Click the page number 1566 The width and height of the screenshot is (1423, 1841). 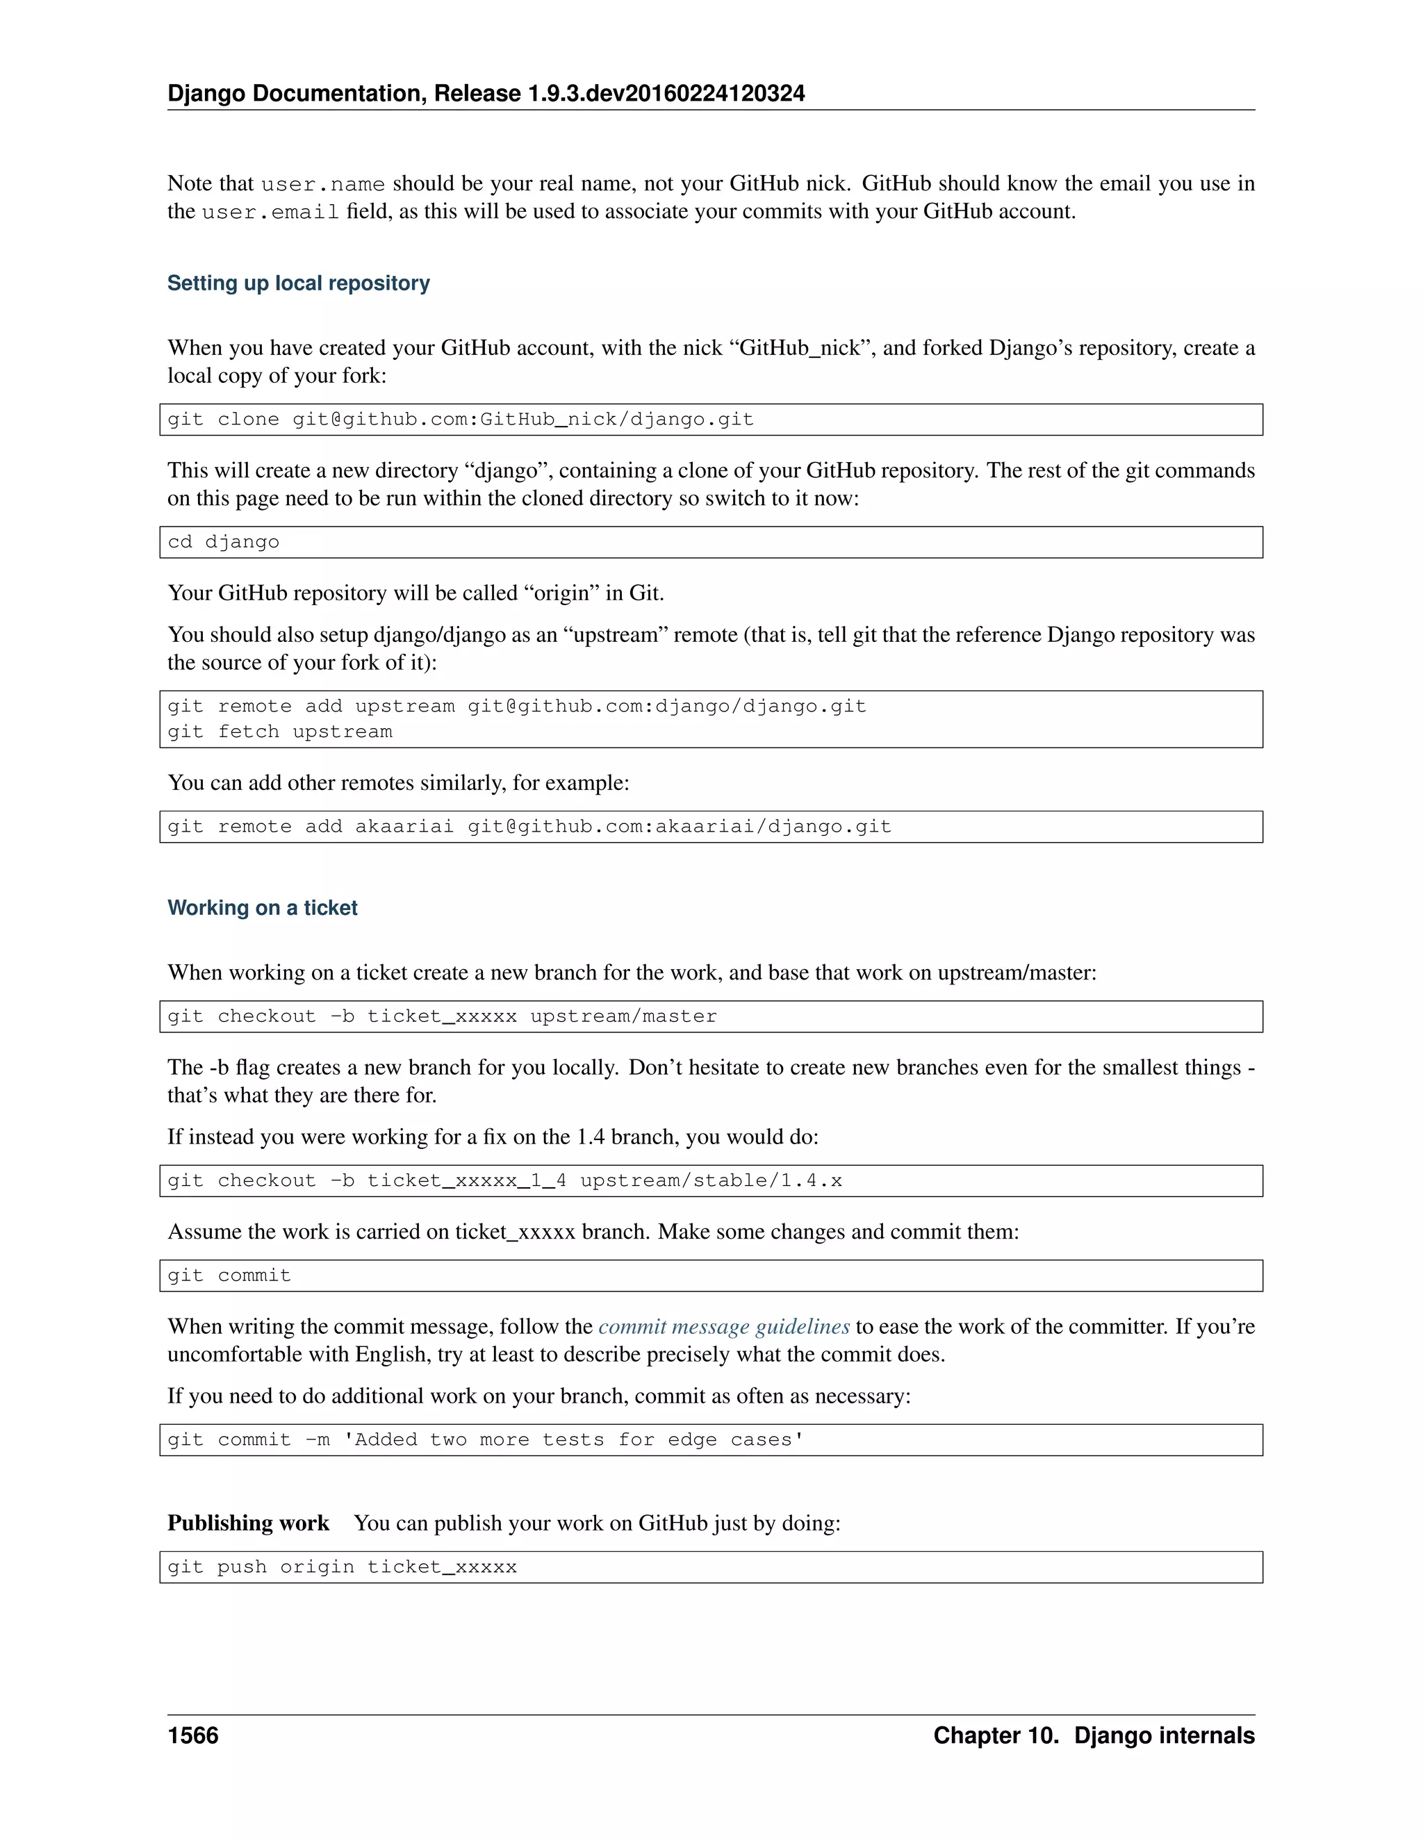(193, 1735)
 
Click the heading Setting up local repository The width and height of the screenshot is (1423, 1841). (298, 283)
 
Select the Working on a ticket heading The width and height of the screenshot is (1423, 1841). (262, 908)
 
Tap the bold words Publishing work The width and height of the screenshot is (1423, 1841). (248, 1524)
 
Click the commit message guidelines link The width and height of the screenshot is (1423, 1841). (723, 1327)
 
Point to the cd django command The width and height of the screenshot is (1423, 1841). (224, 542)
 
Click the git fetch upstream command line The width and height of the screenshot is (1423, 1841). (280, 732)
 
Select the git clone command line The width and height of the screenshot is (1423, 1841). (460, 420)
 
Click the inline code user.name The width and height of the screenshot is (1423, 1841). (323, 185)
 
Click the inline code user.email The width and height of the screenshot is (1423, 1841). (270, 213)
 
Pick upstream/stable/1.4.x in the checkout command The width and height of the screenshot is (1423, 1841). (711, 1181)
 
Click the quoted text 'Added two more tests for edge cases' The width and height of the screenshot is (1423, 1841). (573, 1439)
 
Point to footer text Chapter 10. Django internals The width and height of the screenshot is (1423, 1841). (1094, 1735)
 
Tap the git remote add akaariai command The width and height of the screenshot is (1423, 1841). (529, 827)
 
